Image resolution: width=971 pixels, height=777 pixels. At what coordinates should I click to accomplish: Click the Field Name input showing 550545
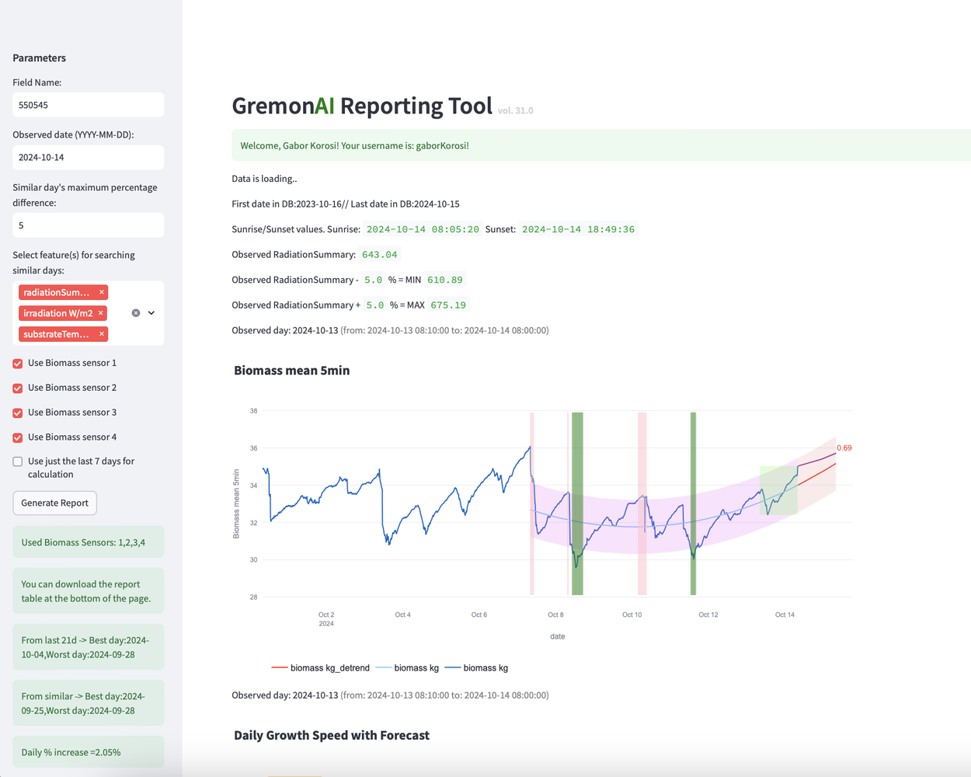88,105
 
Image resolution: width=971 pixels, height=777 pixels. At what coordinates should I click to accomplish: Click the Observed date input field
88,157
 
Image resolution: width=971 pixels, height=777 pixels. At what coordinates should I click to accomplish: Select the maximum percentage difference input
88,225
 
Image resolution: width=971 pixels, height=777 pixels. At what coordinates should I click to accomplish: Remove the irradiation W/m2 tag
101,313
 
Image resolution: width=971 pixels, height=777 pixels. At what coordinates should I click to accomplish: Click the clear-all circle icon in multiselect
136,313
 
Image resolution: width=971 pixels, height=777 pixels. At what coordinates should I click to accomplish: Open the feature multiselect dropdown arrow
151,313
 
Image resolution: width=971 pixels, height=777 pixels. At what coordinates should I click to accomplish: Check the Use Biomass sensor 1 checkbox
18,364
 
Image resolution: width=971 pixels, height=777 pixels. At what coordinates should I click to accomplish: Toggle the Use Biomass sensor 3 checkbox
18,413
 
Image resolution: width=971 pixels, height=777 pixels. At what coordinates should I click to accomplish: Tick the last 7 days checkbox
18,462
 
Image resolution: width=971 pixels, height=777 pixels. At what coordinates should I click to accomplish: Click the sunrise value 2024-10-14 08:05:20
423,229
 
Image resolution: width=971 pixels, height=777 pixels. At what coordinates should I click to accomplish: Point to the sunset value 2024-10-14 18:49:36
578,229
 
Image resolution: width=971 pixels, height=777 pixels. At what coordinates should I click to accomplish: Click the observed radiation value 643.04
379,255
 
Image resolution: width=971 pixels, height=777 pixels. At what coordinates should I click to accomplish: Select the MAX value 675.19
448,305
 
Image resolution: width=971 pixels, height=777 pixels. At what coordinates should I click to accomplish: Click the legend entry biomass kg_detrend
321,668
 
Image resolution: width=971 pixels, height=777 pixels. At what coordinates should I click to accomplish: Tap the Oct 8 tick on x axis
555,615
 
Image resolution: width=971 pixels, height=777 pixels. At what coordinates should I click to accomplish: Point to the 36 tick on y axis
253,448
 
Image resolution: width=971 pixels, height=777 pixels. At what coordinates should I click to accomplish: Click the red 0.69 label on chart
844,448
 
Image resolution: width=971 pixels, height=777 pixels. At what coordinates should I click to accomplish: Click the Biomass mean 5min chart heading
291,371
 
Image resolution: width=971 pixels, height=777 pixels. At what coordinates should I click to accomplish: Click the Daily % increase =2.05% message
71,752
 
